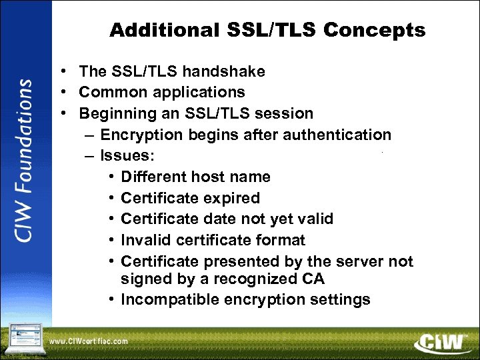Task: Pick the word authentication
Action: point(337,135)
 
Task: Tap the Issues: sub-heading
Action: point(127,156)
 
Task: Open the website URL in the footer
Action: point(88,341)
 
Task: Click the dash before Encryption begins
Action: point(89,135)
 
